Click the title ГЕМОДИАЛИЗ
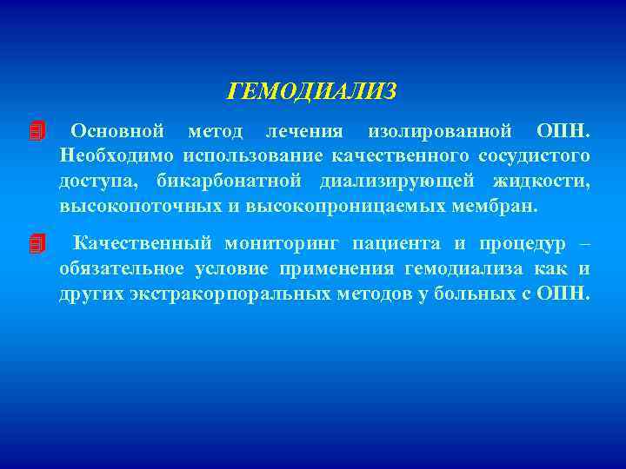[311, 91]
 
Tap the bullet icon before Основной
[36, 132]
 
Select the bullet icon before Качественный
[36, 244]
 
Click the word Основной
[117, 132]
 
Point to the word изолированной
[438, 132]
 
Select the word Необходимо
[116, 156]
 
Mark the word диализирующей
[397, 182]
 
